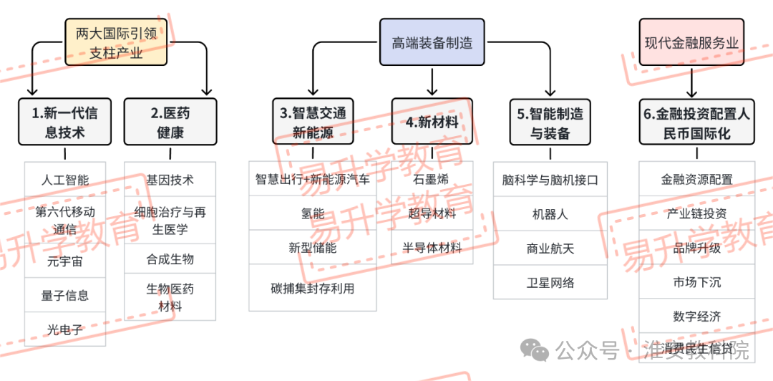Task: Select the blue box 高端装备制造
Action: [x=432, y=43]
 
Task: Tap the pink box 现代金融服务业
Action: [x=691, y=43]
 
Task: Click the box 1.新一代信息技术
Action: [x=64, y=122]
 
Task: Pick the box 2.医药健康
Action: [x=170, y=122]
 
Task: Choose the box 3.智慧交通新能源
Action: [x=313, y=122]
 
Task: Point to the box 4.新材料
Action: [x=432, y=122]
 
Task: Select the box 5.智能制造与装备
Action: [x=550, y=122]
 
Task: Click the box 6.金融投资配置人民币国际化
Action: [x=696, y=122]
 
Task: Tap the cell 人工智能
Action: [x=65, y=180]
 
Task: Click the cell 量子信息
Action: [x=65, y=295]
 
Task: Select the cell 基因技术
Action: [x=170, y=180]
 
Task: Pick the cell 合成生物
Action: [x=170, y=259]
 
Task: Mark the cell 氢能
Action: [x=313, y=213]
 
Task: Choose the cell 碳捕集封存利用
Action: [x=313, y=288]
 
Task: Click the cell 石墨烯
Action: [x=432, y=180]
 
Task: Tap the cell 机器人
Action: [x=550, y=213]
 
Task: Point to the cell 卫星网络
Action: [x=550, y=282]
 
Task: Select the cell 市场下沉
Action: [x=696, y=282]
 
